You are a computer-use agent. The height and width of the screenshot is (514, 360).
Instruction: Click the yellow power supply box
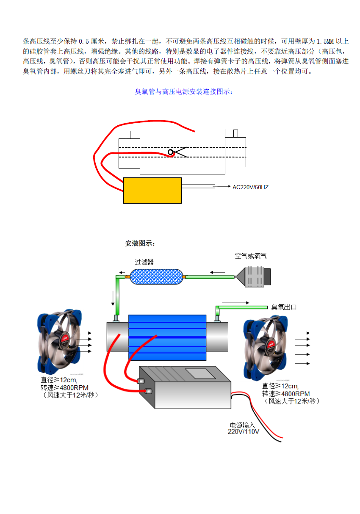pos(152,191)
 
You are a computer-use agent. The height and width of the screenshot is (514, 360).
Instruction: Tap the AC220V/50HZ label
pos(250,187)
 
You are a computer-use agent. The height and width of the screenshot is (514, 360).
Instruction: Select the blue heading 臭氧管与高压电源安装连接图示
pos(183,92)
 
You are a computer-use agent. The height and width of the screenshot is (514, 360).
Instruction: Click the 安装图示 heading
pos(140,243)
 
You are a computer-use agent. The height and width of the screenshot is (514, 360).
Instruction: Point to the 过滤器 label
pos(144,262)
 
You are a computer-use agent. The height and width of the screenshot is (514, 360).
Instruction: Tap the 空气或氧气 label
pos(251,256)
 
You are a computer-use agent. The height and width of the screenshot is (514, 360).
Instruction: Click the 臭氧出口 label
pos(284,307)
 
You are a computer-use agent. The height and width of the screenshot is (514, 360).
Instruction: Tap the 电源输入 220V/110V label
pos(244,428)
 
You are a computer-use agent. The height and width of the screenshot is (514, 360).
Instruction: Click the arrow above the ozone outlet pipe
pos(235,302)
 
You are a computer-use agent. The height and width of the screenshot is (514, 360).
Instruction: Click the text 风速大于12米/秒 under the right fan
pos(291,401)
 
